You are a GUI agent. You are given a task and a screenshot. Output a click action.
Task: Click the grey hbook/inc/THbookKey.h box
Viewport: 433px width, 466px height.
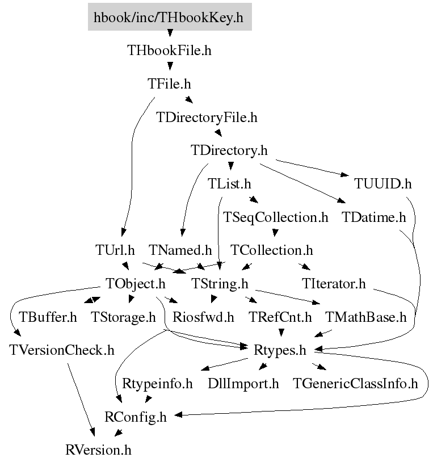click(x=170, y=17)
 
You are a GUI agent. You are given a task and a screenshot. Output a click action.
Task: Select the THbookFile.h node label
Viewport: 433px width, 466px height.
click(x=169, y=51)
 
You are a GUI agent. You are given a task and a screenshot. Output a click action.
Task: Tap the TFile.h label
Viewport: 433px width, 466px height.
click(x=169, y=84)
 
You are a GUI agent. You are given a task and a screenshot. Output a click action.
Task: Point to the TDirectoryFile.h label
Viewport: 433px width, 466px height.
click(x=207, y=117)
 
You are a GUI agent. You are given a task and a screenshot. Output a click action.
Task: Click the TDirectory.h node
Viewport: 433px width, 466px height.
click(x=229, y=150)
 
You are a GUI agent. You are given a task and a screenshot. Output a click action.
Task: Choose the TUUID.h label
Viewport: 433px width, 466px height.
click(x=382, y=184)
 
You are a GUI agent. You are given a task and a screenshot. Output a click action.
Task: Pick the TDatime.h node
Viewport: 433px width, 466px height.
click(x=374, y=217)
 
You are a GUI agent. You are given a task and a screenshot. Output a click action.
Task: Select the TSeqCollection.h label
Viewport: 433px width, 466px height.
click(x=275, y=217)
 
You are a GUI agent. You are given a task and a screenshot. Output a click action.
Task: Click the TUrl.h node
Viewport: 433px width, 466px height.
click(x=115, y=250)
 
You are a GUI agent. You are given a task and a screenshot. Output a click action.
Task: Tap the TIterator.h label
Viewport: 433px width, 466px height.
click(x=334, y=284)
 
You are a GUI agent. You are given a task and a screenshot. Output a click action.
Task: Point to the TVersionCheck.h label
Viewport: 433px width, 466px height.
click(x=62, y=350)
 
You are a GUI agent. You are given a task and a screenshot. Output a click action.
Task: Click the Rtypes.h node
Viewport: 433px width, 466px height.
click(x=280, y=350)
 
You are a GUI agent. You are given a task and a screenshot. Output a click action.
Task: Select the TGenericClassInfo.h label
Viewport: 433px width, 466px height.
click(x=355, y=384)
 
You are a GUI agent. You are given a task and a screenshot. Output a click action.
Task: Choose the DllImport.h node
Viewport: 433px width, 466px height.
click(x=243, y=384)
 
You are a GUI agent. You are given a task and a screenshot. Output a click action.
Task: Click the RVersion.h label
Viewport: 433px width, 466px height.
click(x=98, y=450)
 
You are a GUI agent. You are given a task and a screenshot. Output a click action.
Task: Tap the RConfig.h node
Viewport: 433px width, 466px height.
click(x=136, y=417)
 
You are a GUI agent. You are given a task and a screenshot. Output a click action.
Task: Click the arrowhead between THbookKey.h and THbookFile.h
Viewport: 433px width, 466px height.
click(x=170, y=33)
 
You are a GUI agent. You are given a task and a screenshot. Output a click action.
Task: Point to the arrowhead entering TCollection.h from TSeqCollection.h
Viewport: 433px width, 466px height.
click(x=275, y=233)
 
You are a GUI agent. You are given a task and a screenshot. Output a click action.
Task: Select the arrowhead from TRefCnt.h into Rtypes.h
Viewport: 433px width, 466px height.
click(x=281, y=333)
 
